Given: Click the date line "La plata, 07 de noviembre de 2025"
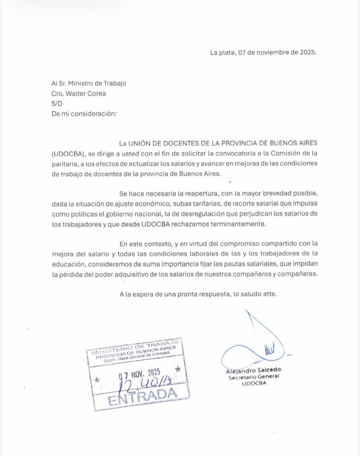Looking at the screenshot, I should point(263,52).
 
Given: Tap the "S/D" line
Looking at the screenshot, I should point(57,103).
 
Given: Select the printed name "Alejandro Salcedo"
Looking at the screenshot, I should point(254,370).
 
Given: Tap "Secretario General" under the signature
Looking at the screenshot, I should point(254,376).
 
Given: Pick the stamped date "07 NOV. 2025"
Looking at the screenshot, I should point(139,372).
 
